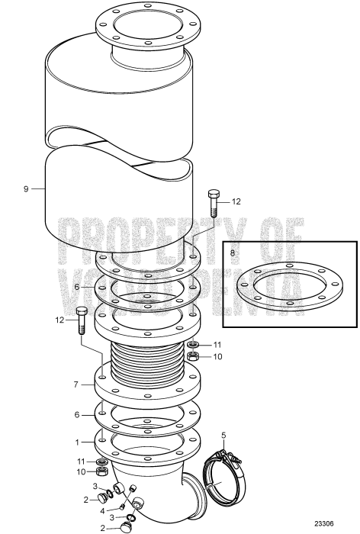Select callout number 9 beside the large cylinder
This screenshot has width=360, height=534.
pos(26,188)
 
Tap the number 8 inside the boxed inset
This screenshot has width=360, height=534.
pos(233,250)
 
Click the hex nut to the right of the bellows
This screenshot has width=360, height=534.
pos(194,356)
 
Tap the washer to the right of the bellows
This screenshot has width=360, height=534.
pos(194,345)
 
